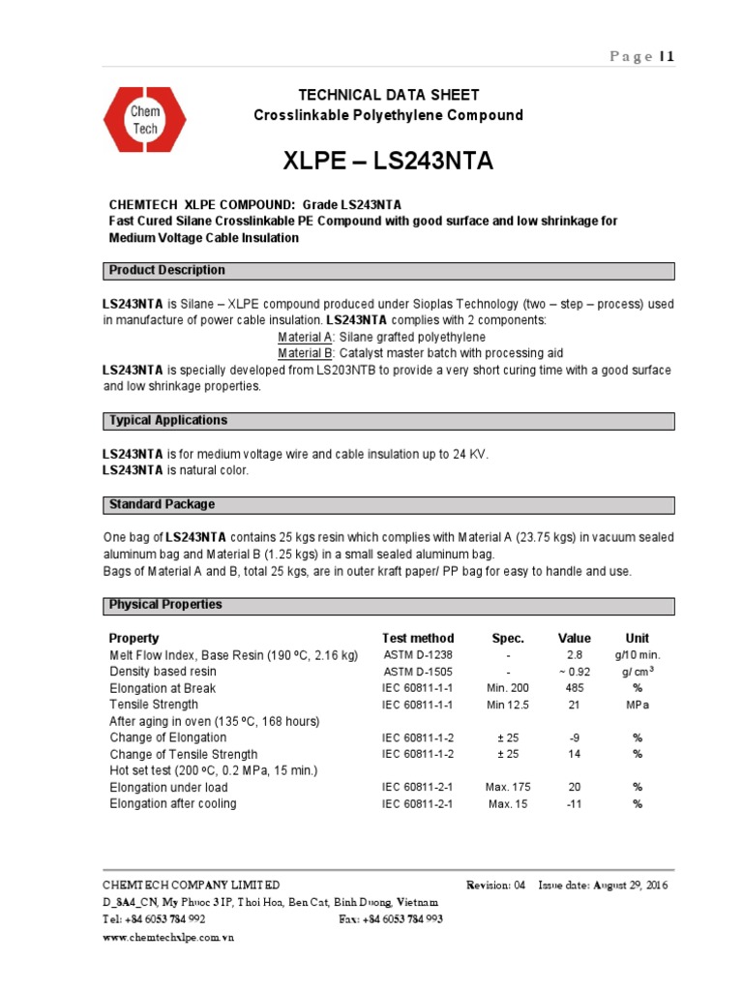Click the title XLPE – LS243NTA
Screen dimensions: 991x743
click(388, 161)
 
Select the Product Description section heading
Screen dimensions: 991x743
click(167, 270)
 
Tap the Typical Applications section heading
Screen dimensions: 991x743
click(168, 421)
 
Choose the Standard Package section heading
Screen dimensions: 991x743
click(162, 505)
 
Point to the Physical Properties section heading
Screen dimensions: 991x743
click(165, 605)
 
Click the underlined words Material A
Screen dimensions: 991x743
click(306, 337)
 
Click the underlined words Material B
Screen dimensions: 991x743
click(306, 353)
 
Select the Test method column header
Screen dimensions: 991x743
click(418, 639)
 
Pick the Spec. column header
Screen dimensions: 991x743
click(508, 639)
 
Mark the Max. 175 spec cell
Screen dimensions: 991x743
click(508, 787)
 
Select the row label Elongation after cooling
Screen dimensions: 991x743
click(173, 804)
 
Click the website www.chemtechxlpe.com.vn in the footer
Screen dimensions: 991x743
click(168, 937)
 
